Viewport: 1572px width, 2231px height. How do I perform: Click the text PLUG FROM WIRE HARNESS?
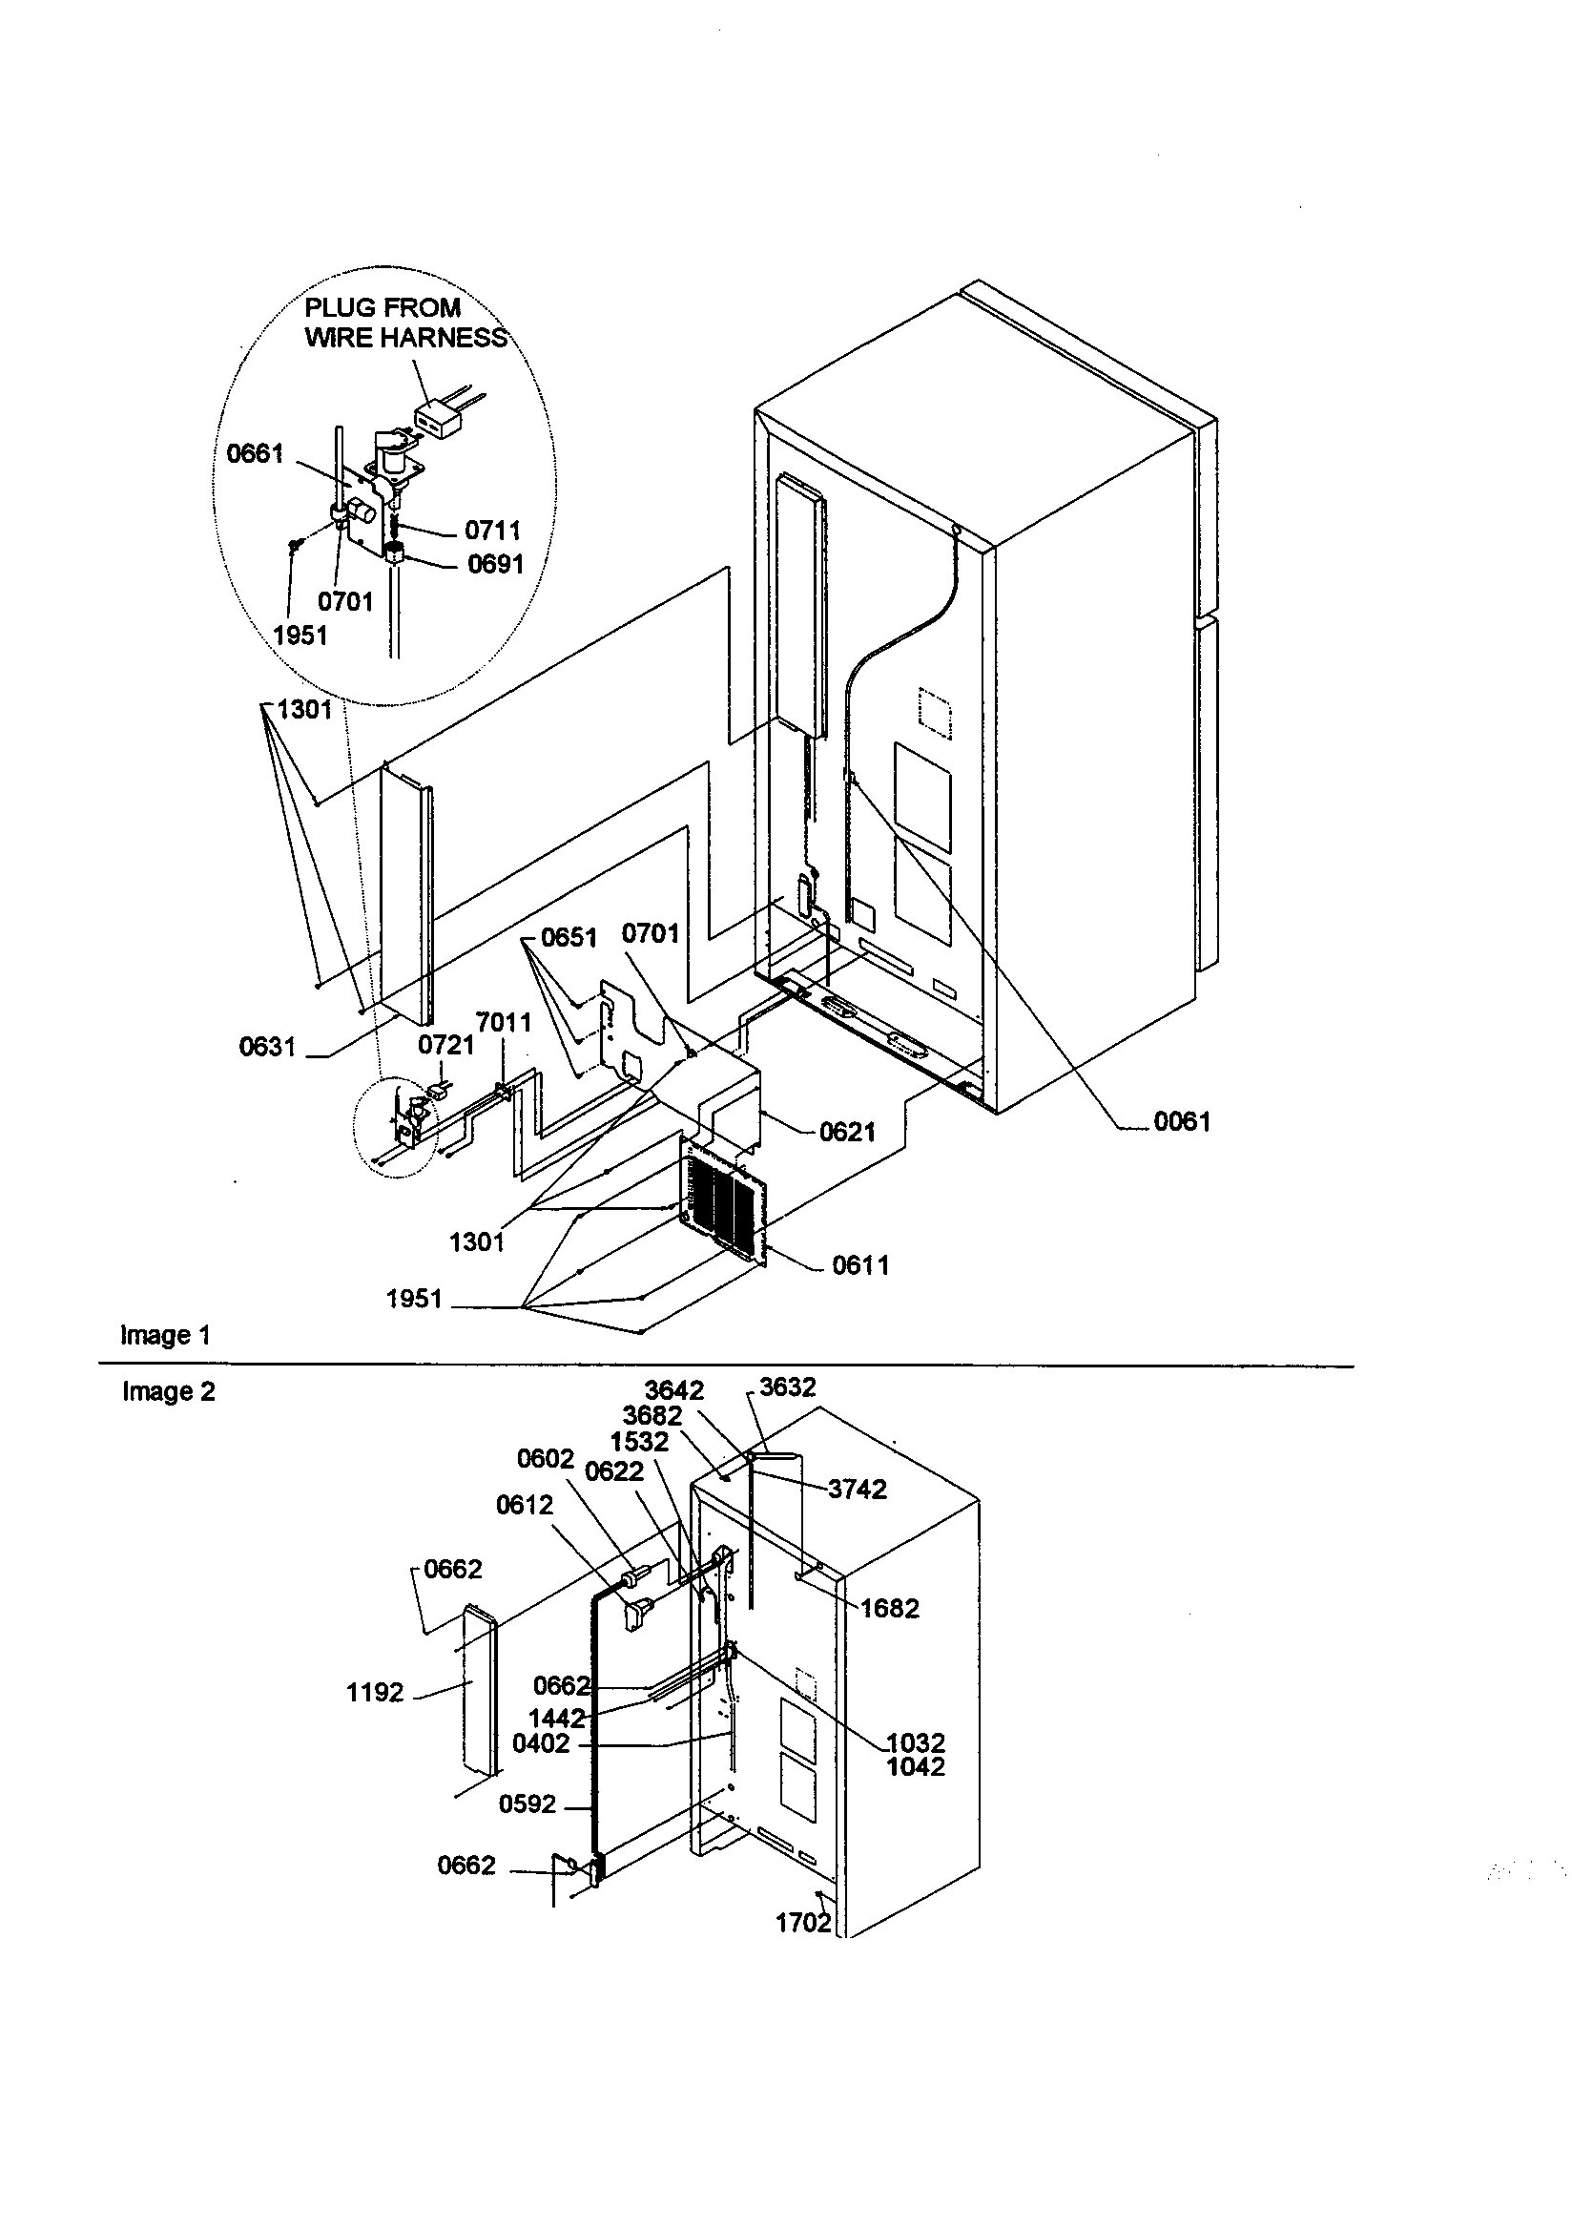406,323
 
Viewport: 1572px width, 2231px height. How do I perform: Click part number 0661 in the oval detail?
255,454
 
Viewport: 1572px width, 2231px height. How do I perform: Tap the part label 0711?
492,531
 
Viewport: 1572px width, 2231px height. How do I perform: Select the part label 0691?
495,565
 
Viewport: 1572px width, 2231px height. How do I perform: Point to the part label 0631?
267,1047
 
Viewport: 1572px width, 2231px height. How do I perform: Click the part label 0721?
446,1045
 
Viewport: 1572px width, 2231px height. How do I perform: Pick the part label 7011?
504,1022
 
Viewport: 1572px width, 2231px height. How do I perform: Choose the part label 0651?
569,937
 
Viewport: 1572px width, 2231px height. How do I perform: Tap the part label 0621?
847,1132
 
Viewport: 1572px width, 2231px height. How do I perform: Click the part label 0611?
859,1265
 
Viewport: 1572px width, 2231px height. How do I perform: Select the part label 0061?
1182,1121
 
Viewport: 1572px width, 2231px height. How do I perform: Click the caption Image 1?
165,1335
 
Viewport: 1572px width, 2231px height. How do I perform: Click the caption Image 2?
168,1392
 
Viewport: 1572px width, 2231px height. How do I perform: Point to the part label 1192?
374,1693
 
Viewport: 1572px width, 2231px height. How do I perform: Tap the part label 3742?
857,1490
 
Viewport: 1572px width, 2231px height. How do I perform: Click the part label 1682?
889,1609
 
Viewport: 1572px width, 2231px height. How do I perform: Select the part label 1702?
802,1923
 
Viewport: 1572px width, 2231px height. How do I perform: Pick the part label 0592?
527,1804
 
